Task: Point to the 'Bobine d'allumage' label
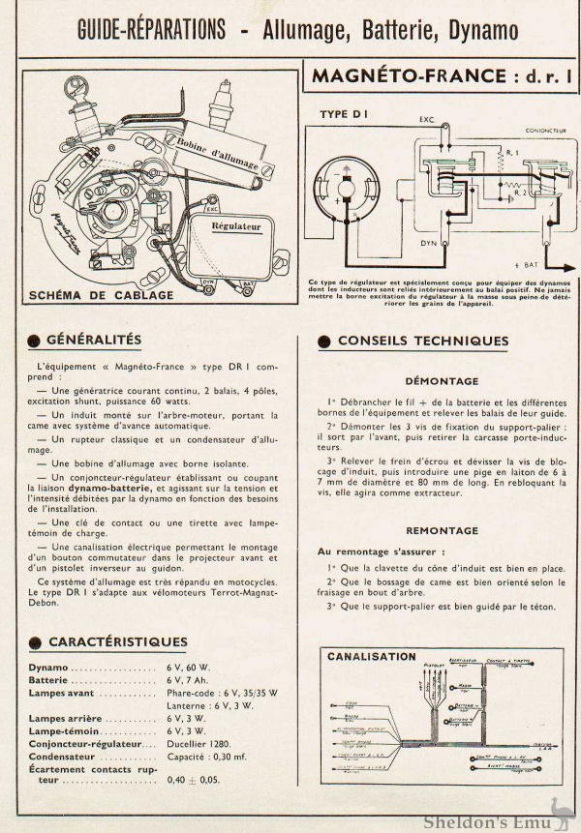pyautogui.click(x=212, y=151)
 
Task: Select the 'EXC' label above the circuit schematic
pyautogui.click(x=426, y=121)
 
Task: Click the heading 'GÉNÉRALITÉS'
pyautogui.click(x=94, y=340)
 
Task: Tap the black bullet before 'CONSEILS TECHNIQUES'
pyautogui.click(x=324, y=342)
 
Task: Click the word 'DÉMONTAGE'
pyautogui.click(x=442, y=381)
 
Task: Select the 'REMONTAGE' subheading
pyautogui.click(x=442, y=530)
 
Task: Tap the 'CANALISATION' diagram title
pyautogui.click(x=372, y=656)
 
